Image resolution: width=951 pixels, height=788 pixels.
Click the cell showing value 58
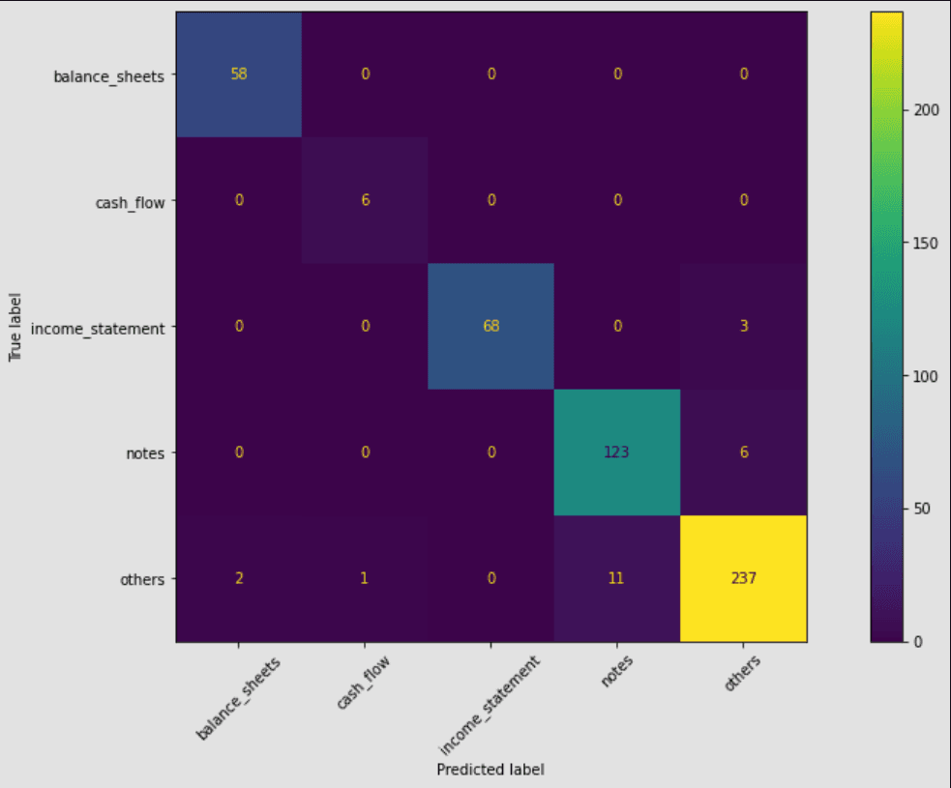[x=239, y=74]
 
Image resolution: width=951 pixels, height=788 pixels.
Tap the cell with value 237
[x=743, y=578]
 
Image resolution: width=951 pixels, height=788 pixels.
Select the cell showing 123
[x=616, y=452]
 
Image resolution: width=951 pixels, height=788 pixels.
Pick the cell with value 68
[x=490, y=327]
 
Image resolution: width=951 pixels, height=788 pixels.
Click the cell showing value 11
[x=616, y=578]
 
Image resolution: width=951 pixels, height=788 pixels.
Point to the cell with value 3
[x=743, y=327]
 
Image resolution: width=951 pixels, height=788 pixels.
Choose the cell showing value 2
[x=239, y=578]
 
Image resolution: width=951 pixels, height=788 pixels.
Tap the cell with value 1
[x=365, y=578]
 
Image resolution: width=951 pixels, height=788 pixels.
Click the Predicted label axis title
[x=490, y=770]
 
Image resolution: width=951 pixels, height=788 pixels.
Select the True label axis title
[x=15, y=327]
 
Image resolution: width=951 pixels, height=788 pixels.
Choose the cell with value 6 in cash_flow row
[x=365, y=201]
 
